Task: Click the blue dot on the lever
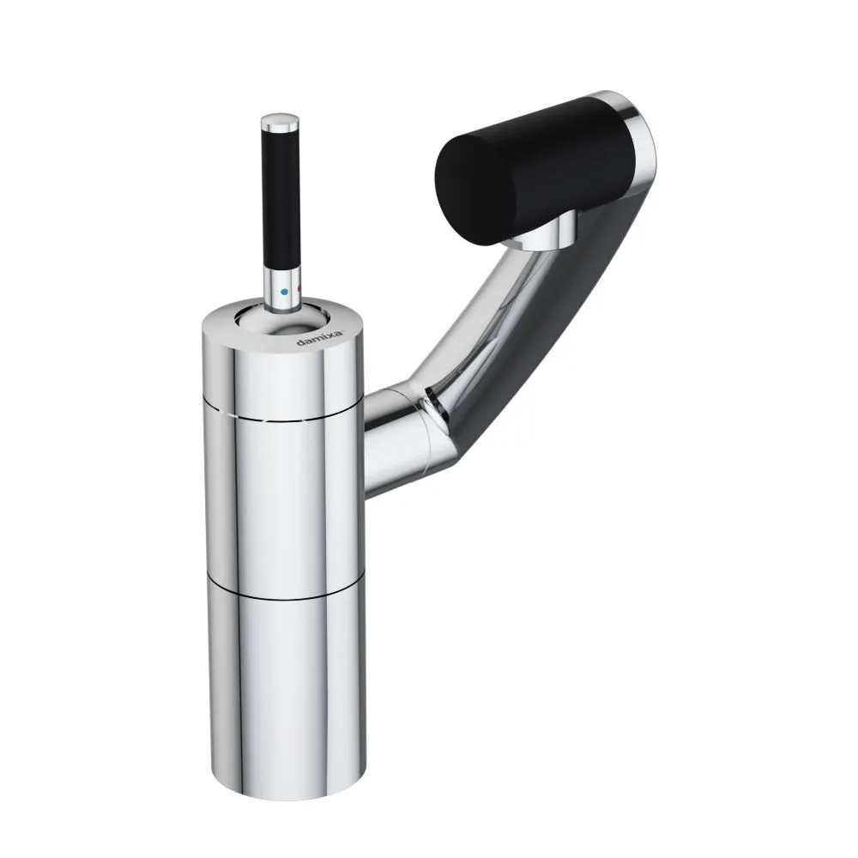[x=284, y=293]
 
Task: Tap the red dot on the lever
[x=299, y=288]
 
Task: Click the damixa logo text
[x=320, y=337]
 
